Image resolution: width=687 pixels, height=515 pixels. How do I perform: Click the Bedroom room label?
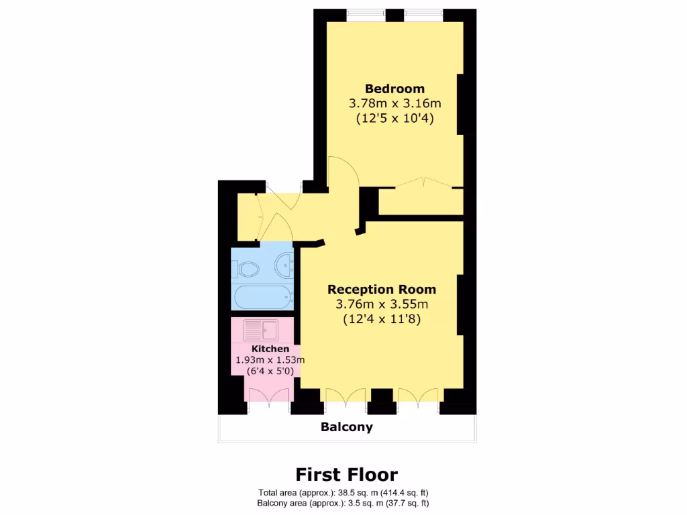(x=394, y=89)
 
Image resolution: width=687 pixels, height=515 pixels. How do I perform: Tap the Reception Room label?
(x=381, y=290)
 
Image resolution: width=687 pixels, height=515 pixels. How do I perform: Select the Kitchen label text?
(x=270, y=349)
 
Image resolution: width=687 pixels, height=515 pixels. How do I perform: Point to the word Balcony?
(x=346, y=427)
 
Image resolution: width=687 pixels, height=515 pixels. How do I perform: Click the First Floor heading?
(x=347, y=475)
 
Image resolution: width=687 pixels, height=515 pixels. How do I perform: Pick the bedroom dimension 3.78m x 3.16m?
(x=394, y=103)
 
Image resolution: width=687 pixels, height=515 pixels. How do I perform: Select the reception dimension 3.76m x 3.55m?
(x=381, y=304)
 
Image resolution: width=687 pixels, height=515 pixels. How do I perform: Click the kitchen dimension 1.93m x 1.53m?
(x=270, y=360)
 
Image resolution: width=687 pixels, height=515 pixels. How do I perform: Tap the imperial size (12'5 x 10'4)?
(x=394, y=119)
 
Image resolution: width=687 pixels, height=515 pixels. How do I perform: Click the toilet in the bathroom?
(x=248, y=270)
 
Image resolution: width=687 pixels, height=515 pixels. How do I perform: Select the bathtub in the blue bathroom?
(x=262, y=296)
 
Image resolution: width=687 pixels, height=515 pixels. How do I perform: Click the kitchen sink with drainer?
(x=261, y=329)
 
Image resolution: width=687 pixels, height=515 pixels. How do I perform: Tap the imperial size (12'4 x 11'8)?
(x=381, y=319)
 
